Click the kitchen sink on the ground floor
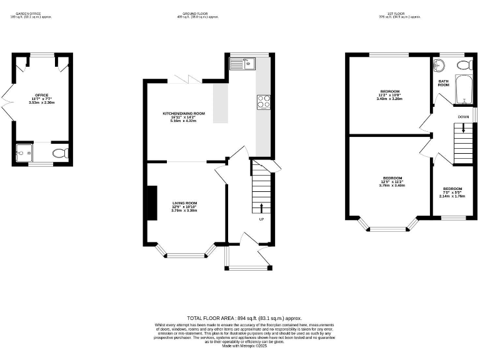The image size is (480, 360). (241, 62)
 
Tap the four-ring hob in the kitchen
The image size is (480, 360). (263, 101)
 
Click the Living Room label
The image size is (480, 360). (184, 206)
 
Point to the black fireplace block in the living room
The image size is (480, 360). (151, 203)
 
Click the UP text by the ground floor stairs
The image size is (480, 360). (261, 219)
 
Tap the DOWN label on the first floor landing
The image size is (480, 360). (463, 117)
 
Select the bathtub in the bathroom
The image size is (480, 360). (463, 91)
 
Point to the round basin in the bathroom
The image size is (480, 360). (439, 65)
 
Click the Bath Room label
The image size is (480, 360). (443, 82)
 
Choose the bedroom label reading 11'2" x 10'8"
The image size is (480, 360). (389, 95)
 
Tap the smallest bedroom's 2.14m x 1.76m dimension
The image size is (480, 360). (452, 196)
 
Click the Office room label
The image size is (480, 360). (41, 99)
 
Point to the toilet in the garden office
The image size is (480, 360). (60, 152)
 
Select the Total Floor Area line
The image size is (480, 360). (240, 319)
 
